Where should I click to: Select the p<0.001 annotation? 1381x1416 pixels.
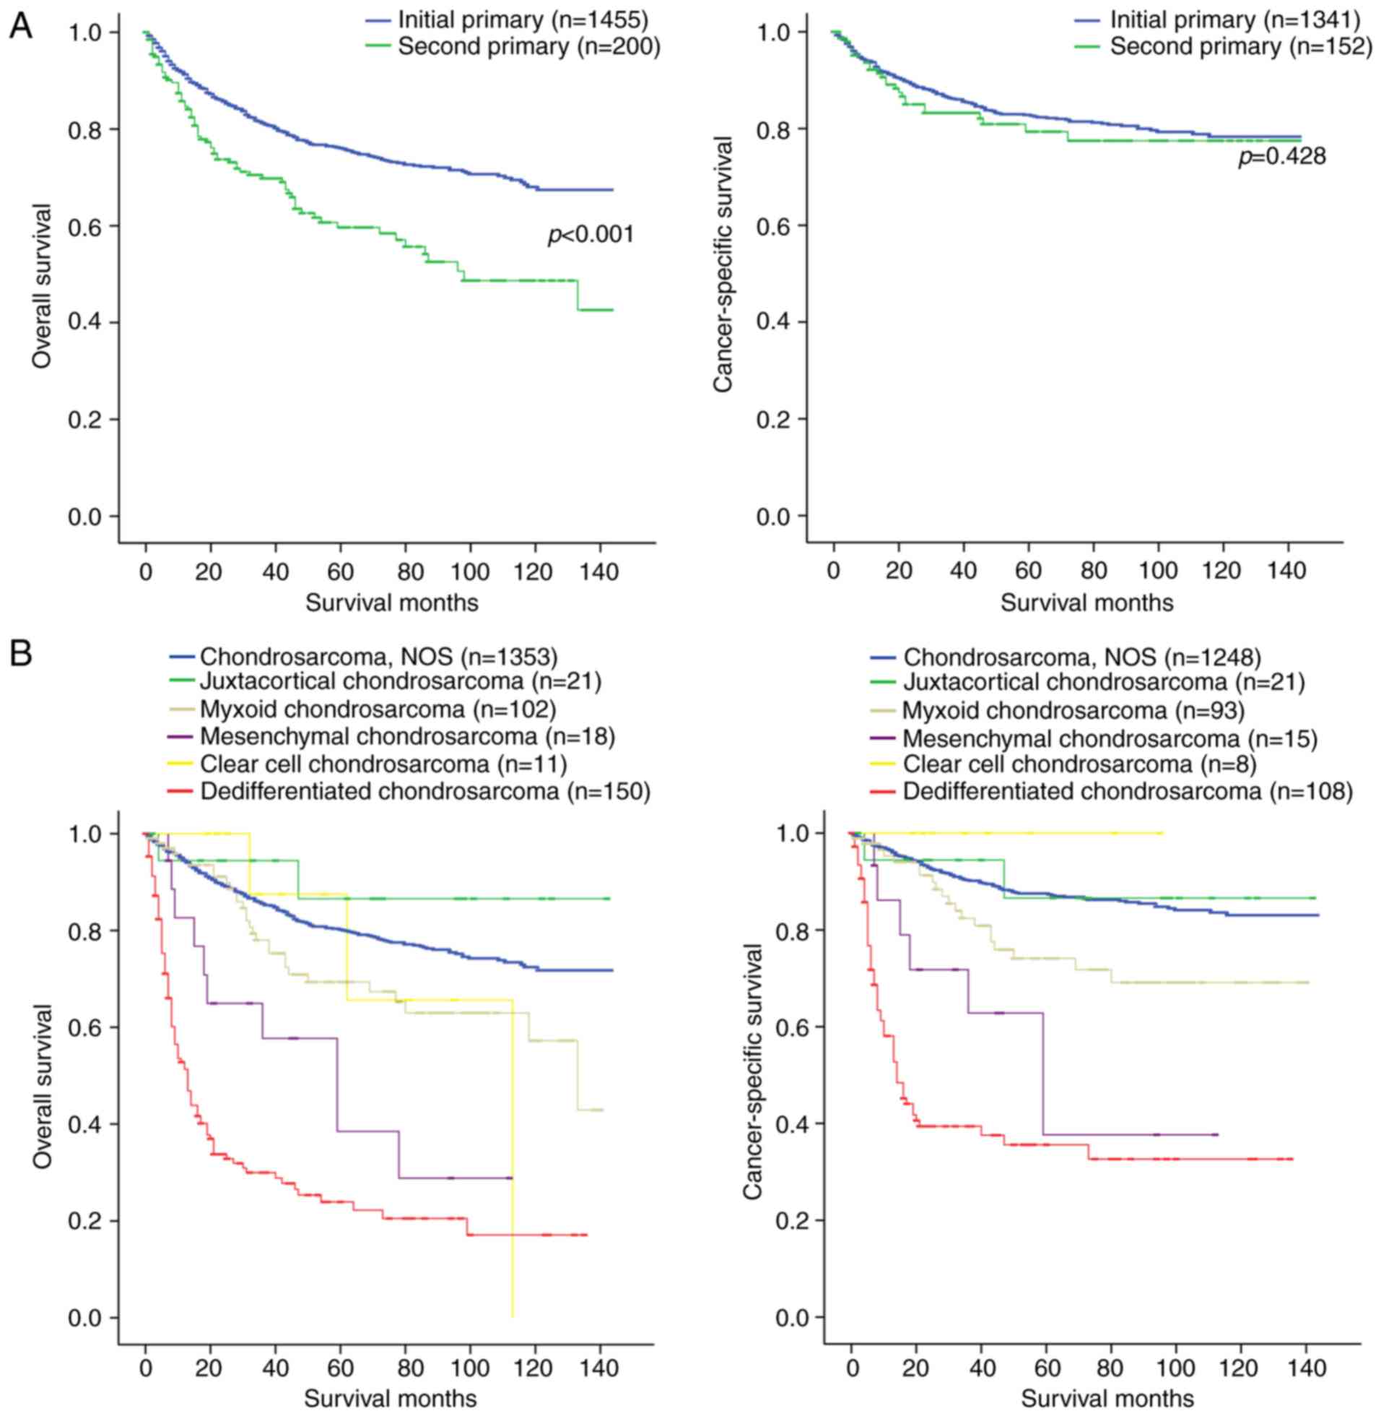click(591, 234)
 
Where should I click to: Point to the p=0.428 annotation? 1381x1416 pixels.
click(1281, 156)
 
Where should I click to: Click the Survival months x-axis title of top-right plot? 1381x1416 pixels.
click(1086, 603)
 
